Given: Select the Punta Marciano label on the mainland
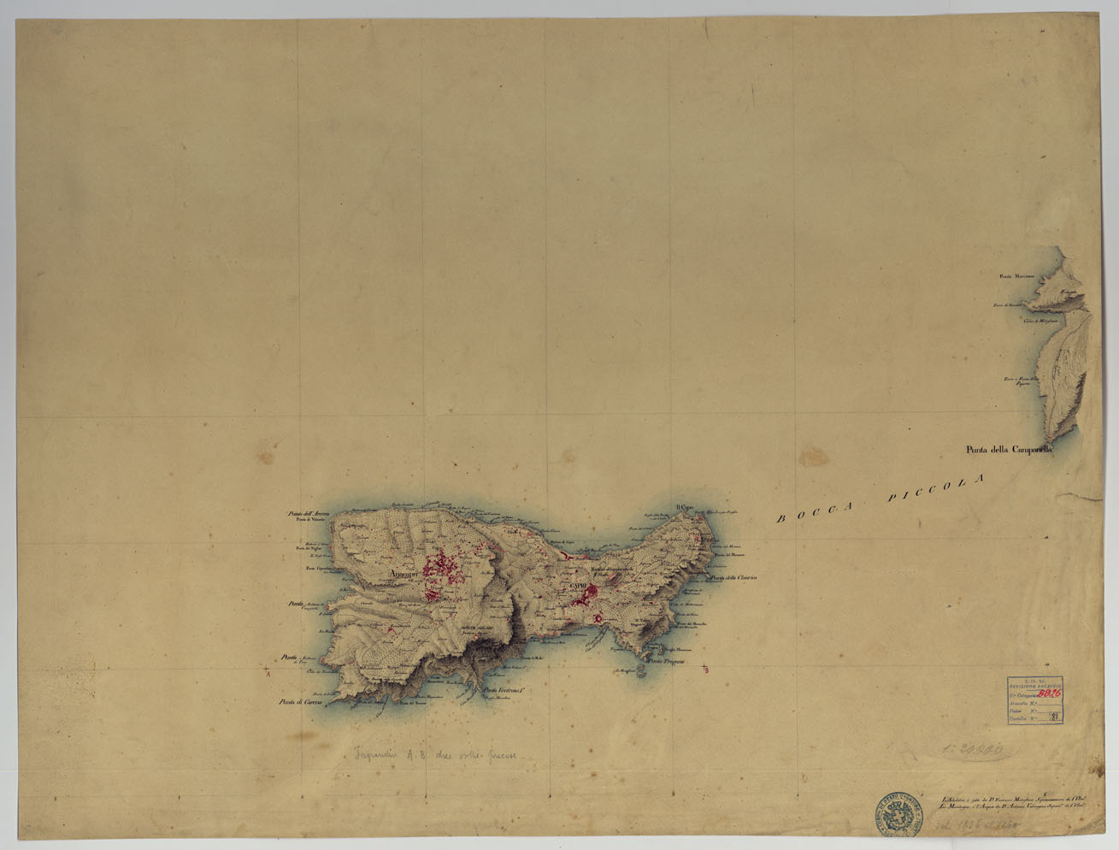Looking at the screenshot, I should point(1017,276).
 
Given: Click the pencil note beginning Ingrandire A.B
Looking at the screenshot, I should point(438,755).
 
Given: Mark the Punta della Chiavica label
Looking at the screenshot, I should point(733,577).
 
